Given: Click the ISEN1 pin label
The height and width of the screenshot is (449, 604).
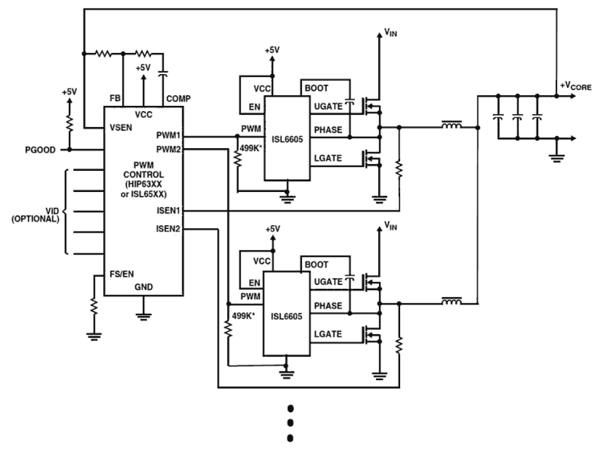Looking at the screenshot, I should (168, 211).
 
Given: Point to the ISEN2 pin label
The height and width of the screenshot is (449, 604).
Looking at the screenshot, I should (168, 229).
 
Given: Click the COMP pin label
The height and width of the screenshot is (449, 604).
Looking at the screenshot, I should (178, 99).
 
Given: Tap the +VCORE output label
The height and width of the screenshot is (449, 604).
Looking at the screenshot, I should (575, 87).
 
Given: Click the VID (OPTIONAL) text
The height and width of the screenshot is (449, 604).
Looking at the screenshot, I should (35, 215).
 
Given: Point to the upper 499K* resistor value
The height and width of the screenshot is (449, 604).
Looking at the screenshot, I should (251, 148).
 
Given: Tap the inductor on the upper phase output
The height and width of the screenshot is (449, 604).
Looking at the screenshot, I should (452, 127).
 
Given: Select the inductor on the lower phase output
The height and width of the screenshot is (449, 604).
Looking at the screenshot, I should (452, 302).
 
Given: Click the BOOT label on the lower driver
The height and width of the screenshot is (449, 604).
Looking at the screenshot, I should (316, 265).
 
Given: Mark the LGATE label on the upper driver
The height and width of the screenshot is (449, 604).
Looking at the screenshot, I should (327, 158).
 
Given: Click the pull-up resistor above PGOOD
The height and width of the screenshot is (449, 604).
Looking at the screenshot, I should (70, 124).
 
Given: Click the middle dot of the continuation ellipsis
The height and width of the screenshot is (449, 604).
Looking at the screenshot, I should (290, 423).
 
